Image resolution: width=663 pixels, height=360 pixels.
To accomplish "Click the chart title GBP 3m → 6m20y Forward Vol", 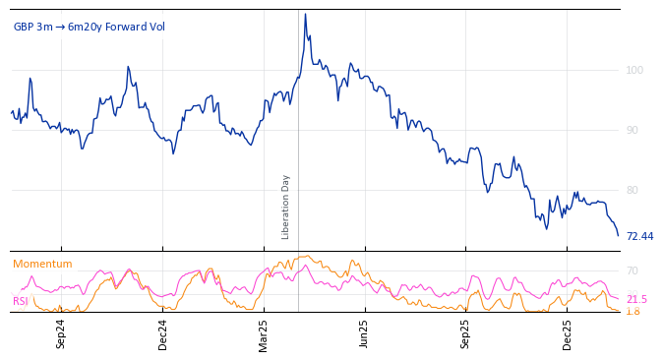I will [x=90, y=27].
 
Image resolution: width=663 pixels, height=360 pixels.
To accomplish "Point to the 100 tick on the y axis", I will [x=635, y=70].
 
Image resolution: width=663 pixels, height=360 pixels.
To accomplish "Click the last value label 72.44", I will [x=639, y=236].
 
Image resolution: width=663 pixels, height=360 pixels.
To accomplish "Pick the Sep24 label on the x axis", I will [x=61, y=333].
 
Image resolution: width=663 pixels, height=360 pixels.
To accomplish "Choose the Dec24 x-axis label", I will [x=163, y=333].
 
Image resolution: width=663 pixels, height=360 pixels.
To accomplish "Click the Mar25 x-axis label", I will [x=264, y=333].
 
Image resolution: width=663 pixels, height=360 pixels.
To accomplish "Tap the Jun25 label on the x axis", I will [x=365, y=333].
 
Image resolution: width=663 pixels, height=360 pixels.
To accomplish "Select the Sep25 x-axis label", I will [x=466, y=333].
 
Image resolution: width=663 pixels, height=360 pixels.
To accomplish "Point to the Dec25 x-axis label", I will [x=568, y=333].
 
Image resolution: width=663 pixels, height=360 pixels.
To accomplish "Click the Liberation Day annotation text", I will [x=286, y=207].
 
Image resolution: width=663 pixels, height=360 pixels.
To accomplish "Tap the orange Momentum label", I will [x=42, y=264].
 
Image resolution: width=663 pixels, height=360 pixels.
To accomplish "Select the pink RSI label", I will [x=21, y=301].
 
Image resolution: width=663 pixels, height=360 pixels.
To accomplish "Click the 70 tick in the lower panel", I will [x=633, y=270].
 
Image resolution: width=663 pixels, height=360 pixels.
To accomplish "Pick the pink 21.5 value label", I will [x=636, y=299].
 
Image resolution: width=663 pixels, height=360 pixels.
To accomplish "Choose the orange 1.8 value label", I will [x=633, y=311].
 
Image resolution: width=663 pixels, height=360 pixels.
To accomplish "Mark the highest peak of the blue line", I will [x=305, y=14].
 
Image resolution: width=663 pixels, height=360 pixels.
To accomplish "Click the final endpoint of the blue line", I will [x=618, y=235].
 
